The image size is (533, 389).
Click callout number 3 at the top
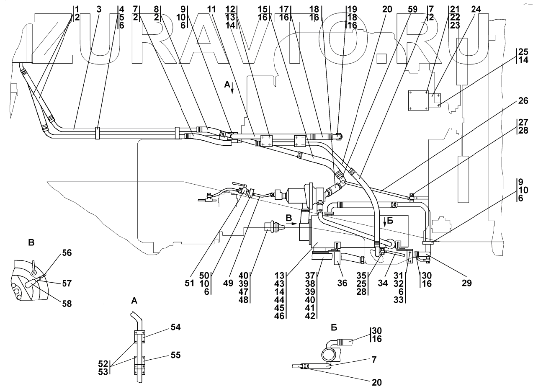pyautogui.click(x=99, y=10)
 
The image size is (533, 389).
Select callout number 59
pyautogui.click(x=412, y=10)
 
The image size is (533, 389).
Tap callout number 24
pyautogui.click(x=476, y=10)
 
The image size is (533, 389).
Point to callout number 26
pyautogui.click(x=523, y=101)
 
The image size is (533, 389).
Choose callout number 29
pyautogui.click(x=466, y=283)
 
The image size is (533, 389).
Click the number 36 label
pyautogui.click(x=342, y=283)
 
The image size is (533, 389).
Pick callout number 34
pyautogui.click(x=383, y=283)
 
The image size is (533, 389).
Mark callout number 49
pyautogui.click(x=228, y=283)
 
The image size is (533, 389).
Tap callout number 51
pyautogui.click(x=190, y=283)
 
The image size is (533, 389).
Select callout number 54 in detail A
pyautogui.click(x=175, y=327)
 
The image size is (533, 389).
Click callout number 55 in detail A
pyautogui.click(x=175, y=355)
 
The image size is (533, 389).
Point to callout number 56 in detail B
pyautogui.click(x=67, y=252)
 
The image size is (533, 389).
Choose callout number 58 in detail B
pyautogui.click(x=67, y=304)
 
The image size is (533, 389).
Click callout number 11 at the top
pyautogui.click(x=211, y=10)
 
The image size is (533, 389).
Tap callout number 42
pyautogui.click(x=310, y=316)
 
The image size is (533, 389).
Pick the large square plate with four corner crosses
pyautogui.click(x=418, y=100)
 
